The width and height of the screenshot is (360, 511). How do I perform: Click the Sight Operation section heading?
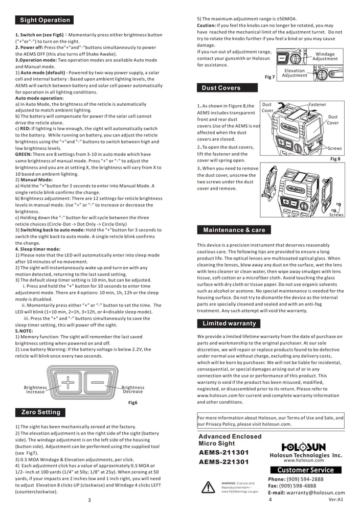point(44,20)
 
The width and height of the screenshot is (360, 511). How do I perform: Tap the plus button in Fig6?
point(67,382)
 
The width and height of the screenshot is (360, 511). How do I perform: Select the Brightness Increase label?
point(35,390)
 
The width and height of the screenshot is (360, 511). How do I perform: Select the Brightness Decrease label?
point(133,390)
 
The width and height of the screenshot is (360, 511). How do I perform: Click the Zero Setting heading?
point(40,412)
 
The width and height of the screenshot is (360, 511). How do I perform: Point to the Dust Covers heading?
point(221,88)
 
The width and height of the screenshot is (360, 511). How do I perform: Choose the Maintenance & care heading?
point(234,230)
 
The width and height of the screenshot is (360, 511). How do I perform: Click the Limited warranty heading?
point(229,323)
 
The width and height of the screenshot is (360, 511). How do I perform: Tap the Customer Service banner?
point(305,470)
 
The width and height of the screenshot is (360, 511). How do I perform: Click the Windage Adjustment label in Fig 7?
point(325,56)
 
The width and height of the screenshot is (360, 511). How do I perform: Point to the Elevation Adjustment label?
point(295,73)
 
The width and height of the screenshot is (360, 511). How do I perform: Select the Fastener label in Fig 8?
point(317,105)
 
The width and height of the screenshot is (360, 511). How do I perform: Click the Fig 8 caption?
point(335,159)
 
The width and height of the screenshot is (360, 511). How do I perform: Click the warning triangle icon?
point(208,487)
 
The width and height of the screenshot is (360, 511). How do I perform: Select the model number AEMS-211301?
point(223,452)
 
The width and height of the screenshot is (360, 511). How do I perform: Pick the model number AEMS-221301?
point(223,462)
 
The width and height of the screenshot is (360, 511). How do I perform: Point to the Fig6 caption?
point(133,403)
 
